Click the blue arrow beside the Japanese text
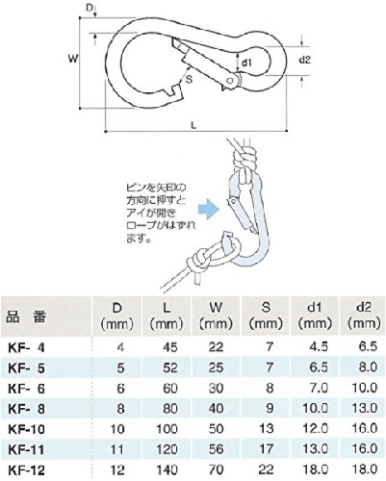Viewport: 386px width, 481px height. [209, 210]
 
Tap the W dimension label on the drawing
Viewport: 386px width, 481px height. [73, 59]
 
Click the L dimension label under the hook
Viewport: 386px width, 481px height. [193, 125]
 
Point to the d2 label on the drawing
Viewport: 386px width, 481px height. [305, 60]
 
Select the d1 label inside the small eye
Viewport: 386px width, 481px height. [246, 63]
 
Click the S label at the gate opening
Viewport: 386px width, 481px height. [189, 79]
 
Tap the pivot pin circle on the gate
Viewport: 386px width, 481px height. [230, 81]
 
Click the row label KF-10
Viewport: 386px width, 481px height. [26, 429]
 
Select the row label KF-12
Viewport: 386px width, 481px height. [26, 470]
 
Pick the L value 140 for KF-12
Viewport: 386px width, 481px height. [167, 469]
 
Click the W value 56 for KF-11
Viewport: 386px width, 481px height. [217, 449]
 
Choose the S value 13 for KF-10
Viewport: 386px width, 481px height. [267, 429]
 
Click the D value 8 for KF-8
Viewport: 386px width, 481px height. [120, 409]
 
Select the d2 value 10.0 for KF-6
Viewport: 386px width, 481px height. [364, 388]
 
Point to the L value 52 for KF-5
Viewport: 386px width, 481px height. [170, 367]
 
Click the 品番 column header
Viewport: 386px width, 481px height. [26, 316]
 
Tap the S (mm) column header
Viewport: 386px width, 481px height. [266, 316]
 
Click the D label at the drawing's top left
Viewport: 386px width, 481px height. [90, 7]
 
